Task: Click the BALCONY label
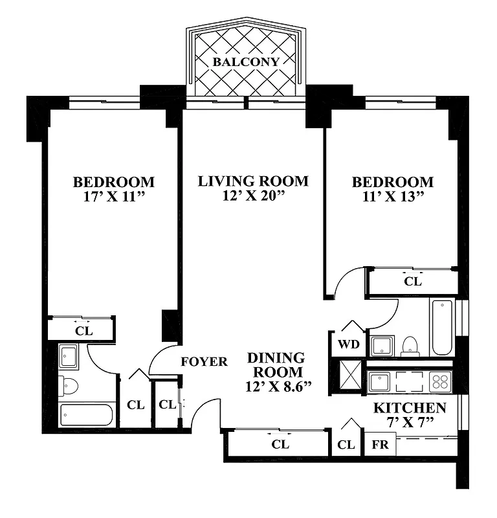pyautogui.click(x=247, y=62)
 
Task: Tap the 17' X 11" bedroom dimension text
pyautogui.click(x=113, y=197)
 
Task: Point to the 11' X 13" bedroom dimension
pyautogui.click(x=392, y=197)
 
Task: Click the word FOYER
pyautogui.click(x=204, y=361)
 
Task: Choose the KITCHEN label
pyautogui.click(x=410, y=408)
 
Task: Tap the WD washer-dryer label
pyautogui.click(x=349, y=344)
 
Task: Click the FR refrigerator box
pyautogui.click(x=379, y=445)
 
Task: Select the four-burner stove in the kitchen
pyautogui.click(x=441, y=381)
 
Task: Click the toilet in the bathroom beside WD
pyautogui.click(x=410, y=346)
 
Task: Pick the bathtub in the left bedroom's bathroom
pyautogui.click(x=87, y=414)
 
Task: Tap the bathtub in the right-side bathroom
pyautogui.click(x=442, y=326)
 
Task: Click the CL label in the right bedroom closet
pyautogui.click(x=412, y=282)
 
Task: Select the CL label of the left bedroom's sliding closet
pyautogui.click(x=84, y=330)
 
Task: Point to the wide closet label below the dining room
pyautogui.click(x=280, y=444)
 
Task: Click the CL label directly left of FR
pyautogui.click(x=346, y=445)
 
